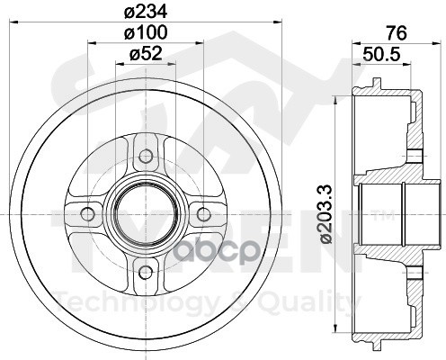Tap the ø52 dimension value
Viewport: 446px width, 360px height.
click(x=146, y=54)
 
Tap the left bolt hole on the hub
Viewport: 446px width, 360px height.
click(x=88, y=213)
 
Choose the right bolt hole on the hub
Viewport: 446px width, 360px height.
click(x=203, y=213)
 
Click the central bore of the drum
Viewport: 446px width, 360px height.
click(x=146, y=213)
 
